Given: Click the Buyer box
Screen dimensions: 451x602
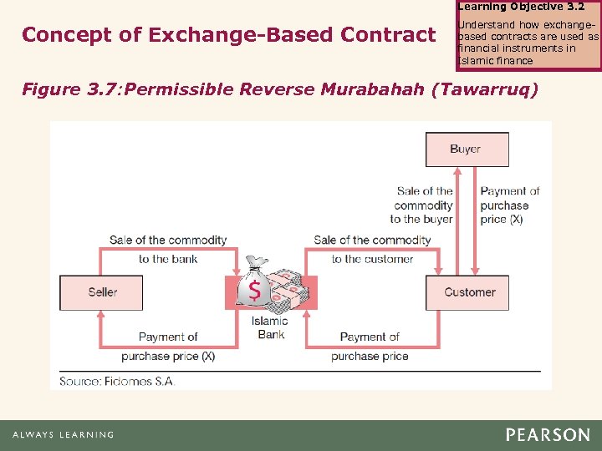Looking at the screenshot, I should pos(467,149).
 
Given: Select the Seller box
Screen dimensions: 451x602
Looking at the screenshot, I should pos(102,292).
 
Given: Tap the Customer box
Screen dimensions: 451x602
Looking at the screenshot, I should pos(468,292).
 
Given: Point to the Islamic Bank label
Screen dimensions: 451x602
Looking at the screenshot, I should pos(271,327).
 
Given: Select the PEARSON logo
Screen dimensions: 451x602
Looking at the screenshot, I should pos(547,435).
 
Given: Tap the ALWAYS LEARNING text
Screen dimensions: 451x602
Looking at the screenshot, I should pos(63,435).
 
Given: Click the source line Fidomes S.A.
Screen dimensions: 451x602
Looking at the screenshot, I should pos(117,381).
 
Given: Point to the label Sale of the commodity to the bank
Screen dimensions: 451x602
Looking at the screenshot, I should pos(168,249).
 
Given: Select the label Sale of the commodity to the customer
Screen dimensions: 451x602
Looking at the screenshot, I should pos(372,249).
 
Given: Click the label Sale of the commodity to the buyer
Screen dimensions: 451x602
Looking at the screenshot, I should pos(424,205).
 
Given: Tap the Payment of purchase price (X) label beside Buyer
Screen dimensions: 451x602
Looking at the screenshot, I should pos(509,205).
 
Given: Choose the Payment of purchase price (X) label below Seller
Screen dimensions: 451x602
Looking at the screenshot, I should pos(168,347).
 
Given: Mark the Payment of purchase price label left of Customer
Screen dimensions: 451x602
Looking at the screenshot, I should pos(370,347).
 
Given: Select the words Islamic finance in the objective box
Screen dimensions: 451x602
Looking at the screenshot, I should pos(495,60).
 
